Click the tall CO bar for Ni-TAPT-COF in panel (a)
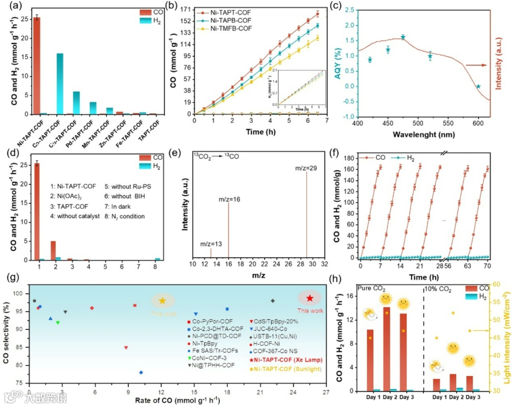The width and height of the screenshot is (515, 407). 36,67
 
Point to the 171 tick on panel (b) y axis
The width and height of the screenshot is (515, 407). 185,9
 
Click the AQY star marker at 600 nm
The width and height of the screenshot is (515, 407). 478,86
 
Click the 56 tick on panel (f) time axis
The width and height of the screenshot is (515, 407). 451,265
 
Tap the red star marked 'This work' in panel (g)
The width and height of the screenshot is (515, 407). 309,298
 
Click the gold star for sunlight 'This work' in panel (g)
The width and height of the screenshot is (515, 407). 162,300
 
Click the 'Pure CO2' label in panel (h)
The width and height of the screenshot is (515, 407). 373,288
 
